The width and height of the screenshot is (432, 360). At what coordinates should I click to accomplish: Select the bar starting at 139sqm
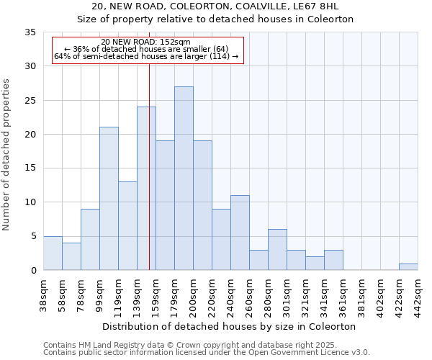[146, 189]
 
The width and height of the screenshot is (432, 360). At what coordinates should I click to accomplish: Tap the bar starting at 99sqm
[109, 199]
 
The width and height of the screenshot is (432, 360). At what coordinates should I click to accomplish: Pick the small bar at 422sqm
[408, 266]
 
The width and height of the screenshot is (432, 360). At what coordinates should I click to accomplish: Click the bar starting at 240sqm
[240, 233]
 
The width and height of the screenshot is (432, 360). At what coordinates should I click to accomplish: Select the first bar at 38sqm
[53, 253]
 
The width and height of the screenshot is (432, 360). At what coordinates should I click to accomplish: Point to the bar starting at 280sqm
[277, 250]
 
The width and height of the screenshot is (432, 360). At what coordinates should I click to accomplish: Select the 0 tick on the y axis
[32, 271]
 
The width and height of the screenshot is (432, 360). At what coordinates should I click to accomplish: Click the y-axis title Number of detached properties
[6, 154]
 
